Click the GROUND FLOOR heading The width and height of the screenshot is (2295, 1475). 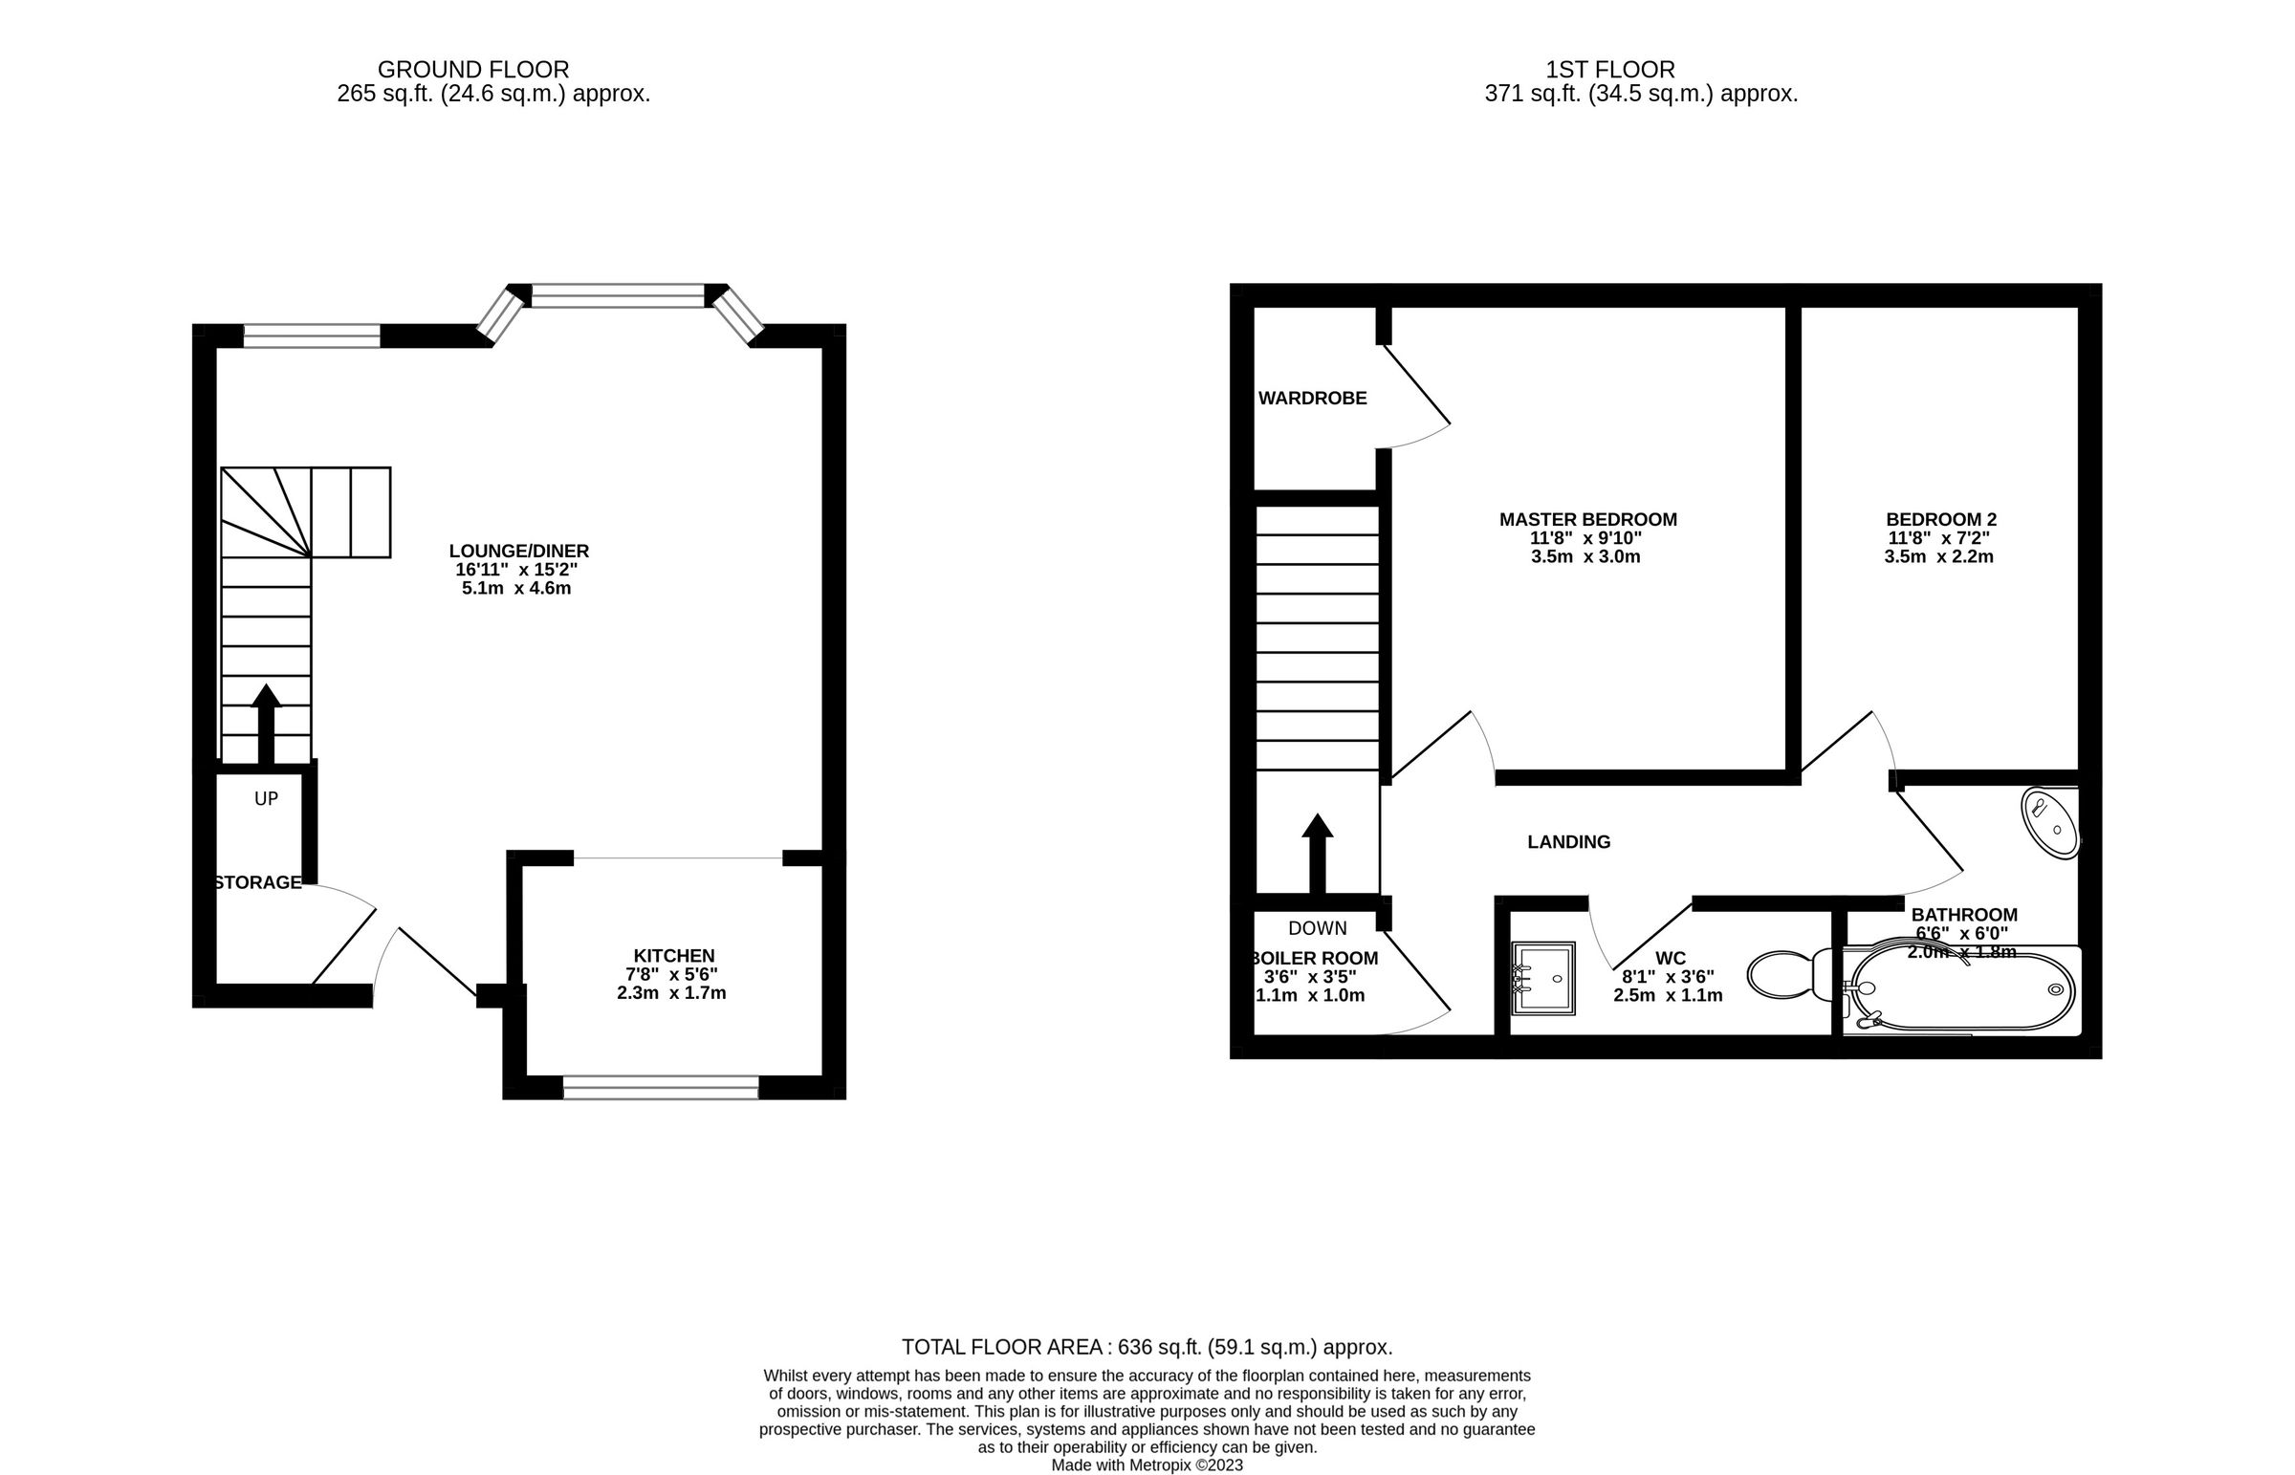[473, 70]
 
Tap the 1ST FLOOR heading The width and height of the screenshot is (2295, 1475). [1610, 70]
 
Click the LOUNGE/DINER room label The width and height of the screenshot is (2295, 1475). [518, 551]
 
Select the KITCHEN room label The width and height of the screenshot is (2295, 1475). [673, 956]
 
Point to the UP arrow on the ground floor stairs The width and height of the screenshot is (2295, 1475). [265, 723]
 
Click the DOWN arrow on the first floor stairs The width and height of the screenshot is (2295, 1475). [1317, 853]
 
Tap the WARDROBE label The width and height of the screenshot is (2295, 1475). [1312, 399]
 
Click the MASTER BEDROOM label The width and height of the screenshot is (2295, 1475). [1587, 520]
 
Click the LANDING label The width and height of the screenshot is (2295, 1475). [1568, 842]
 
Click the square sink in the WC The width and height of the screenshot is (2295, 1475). [1542, 978]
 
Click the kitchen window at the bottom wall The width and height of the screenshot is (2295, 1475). [660, 1087]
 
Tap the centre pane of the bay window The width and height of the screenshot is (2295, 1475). [617, 295]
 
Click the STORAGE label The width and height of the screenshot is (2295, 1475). [256, 883]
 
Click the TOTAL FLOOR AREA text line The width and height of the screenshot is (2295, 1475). [1147, 1348]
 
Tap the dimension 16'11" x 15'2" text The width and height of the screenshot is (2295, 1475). [516, 570]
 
